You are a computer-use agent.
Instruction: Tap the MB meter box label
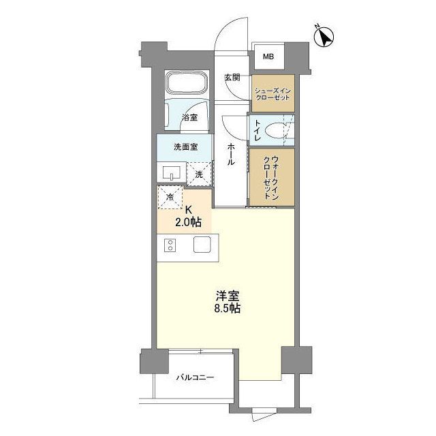[268, 57]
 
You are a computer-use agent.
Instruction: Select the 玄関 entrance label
[232, 77]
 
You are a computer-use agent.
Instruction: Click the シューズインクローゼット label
[272, 94]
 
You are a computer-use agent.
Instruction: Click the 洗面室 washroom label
[185, 146]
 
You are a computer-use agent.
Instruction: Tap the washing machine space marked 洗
[200, 174]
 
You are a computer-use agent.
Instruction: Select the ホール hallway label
[232, 155]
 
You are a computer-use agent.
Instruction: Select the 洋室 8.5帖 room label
[228, 302]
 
